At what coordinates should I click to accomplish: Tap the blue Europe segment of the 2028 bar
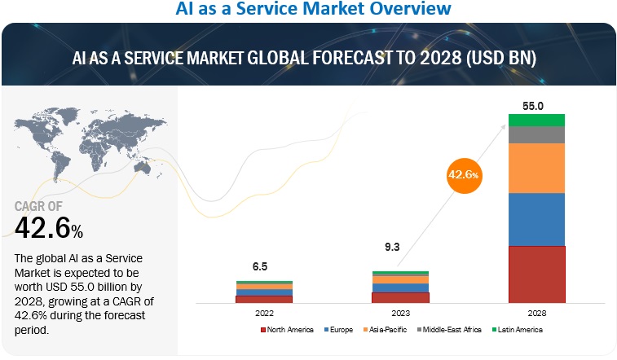point(536,219)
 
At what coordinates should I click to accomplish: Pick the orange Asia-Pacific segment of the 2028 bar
point(536,168)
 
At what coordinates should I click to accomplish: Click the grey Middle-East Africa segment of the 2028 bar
point(536,134)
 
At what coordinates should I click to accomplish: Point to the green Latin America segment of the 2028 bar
point(536,120)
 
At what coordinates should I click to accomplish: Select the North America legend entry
point(286,329)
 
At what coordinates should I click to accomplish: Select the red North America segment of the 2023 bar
point(399,297)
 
